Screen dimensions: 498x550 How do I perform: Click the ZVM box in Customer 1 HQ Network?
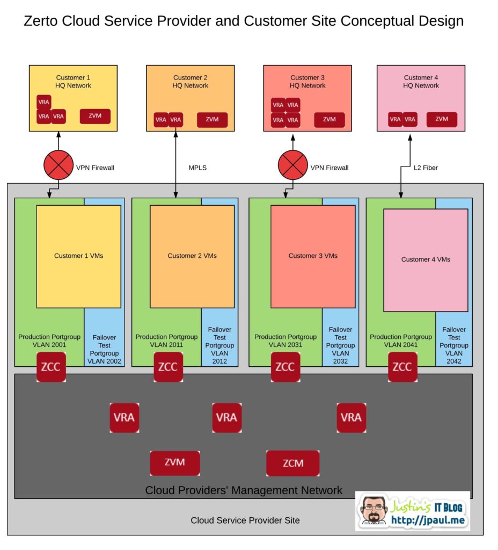[x=95, y=116]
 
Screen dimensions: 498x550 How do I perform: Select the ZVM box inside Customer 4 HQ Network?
[x=442, y=119]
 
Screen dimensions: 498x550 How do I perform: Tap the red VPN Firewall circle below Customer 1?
[x=58, y=165]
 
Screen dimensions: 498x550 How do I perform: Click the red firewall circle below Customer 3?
[x=292, y=165]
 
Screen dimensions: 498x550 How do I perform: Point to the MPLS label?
[x=197, y=168]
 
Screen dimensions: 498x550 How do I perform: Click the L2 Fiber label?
[x=426, y=168]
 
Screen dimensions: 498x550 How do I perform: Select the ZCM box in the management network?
[x=292, y=464]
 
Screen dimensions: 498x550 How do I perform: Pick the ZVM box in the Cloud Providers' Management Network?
[x=175, y=463]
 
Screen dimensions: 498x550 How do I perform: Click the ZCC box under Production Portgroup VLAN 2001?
[x=51, y=367]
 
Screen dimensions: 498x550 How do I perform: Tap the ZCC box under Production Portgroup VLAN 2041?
[x=402, y=367]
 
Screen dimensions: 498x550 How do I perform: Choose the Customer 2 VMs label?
[x=192, y=256]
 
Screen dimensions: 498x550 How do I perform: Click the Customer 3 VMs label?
[x=313, y=256]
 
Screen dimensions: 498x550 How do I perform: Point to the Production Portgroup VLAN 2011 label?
[x=166, y=341]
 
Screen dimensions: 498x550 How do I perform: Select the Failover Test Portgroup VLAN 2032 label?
[x=340, y=345]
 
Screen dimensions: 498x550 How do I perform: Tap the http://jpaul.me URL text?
[x=428, y=520]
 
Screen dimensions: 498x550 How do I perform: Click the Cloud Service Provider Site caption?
[x=245, y=520]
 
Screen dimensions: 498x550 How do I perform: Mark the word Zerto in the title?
[x=41, y=21]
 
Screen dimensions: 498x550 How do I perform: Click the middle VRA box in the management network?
[x=227, y=418]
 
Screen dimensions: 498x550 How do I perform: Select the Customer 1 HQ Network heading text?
[x=73, y=82]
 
